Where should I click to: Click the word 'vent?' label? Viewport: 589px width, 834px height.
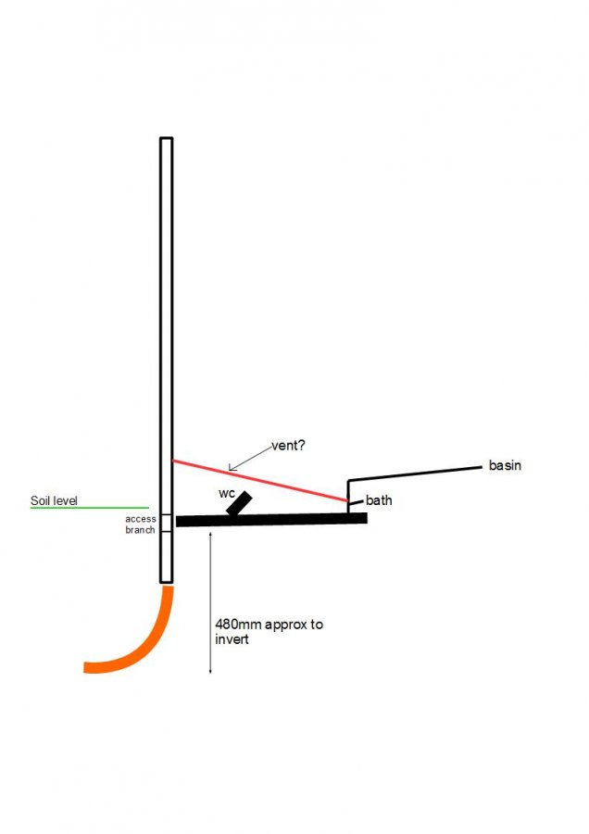click(288, 446)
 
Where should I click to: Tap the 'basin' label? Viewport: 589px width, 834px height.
click(505, 465)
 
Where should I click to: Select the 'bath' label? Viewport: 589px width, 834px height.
click(379, 500)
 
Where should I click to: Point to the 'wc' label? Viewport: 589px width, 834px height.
click(227, 494)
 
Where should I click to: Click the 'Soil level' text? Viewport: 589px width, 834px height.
click(54, 500)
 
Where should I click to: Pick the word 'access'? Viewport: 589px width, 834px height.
click(141, 519)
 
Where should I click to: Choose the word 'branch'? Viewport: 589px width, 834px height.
click(141, 530)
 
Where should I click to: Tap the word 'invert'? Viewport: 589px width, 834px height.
click(232, 638)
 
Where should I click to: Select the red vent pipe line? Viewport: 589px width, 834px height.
click(260, 481)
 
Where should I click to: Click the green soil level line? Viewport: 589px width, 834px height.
click(89, 508)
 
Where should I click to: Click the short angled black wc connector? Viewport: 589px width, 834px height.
click(239, 503)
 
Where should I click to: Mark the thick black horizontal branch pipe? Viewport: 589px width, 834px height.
click(271, 520)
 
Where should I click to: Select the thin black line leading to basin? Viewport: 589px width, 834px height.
click(415, 474)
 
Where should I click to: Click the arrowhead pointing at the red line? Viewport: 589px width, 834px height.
click(232, 468)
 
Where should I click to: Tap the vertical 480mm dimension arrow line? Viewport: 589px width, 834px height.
click(210, 602)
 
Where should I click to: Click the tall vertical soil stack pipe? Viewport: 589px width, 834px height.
click(167, 360)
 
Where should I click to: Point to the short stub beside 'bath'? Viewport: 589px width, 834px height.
click(357, 501)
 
